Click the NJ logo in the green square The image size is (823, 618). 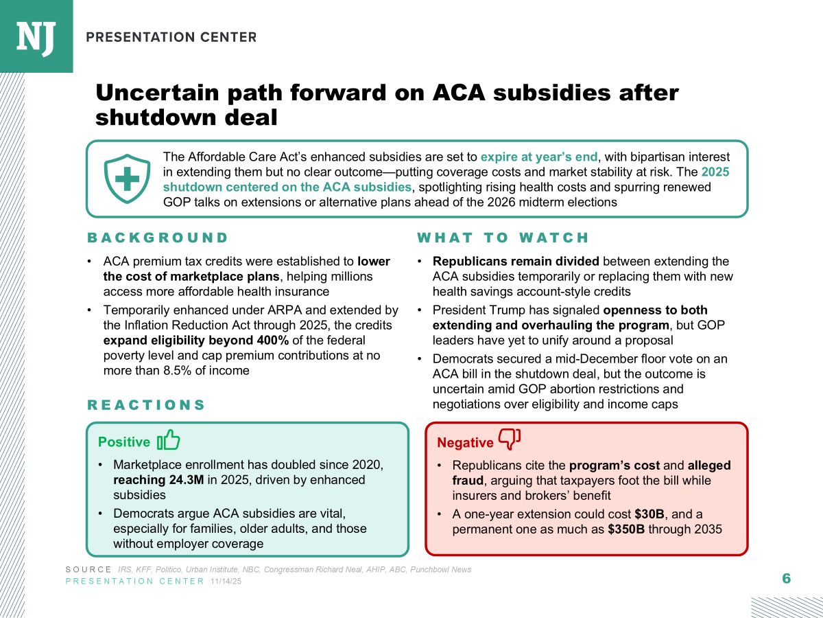pos(36,36)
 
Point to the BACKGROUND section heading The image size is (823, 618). pos(158,238)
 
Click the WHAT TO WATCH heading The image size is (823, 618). pos(503,238)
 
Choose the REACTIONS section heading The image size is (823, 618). pos(146,405)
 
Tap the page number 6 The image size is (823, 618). pos(786,578)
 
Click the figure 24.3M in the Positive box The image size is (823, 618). pos(178,479)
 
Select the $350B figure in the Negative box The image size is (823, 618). pos(625,529)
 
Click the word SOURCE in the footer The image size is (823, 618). pos(89,570)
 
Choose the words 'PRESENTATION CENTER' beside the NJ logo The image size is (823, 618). pos(171,37)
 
